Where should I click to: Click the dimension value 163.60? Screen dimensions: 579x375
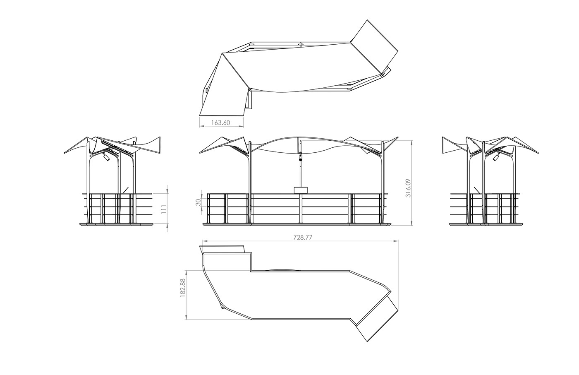click(220, 123)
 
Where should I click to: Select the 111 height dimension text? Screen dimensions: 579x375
click(164, 209)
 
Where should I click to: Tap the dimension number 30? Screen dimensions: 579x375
click(199, 202)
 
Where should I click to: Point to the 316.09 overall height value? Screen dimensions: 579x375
click(408, 188)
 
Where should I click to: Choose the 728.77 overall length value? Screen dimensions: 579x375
click(303, 238)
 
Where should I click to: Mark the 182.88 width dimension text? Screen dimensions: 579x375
click(182, 287)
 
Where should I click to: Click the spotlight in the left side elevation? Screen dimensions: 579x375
click(106, 156)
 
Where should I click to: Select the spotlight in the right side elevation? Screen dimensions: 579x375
click(496, 157)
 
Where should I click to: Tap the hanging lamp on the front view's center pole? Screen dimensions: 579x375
click(300, 157)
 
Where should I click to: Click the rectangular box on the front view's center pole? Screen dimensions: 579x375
click(301, 190)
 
